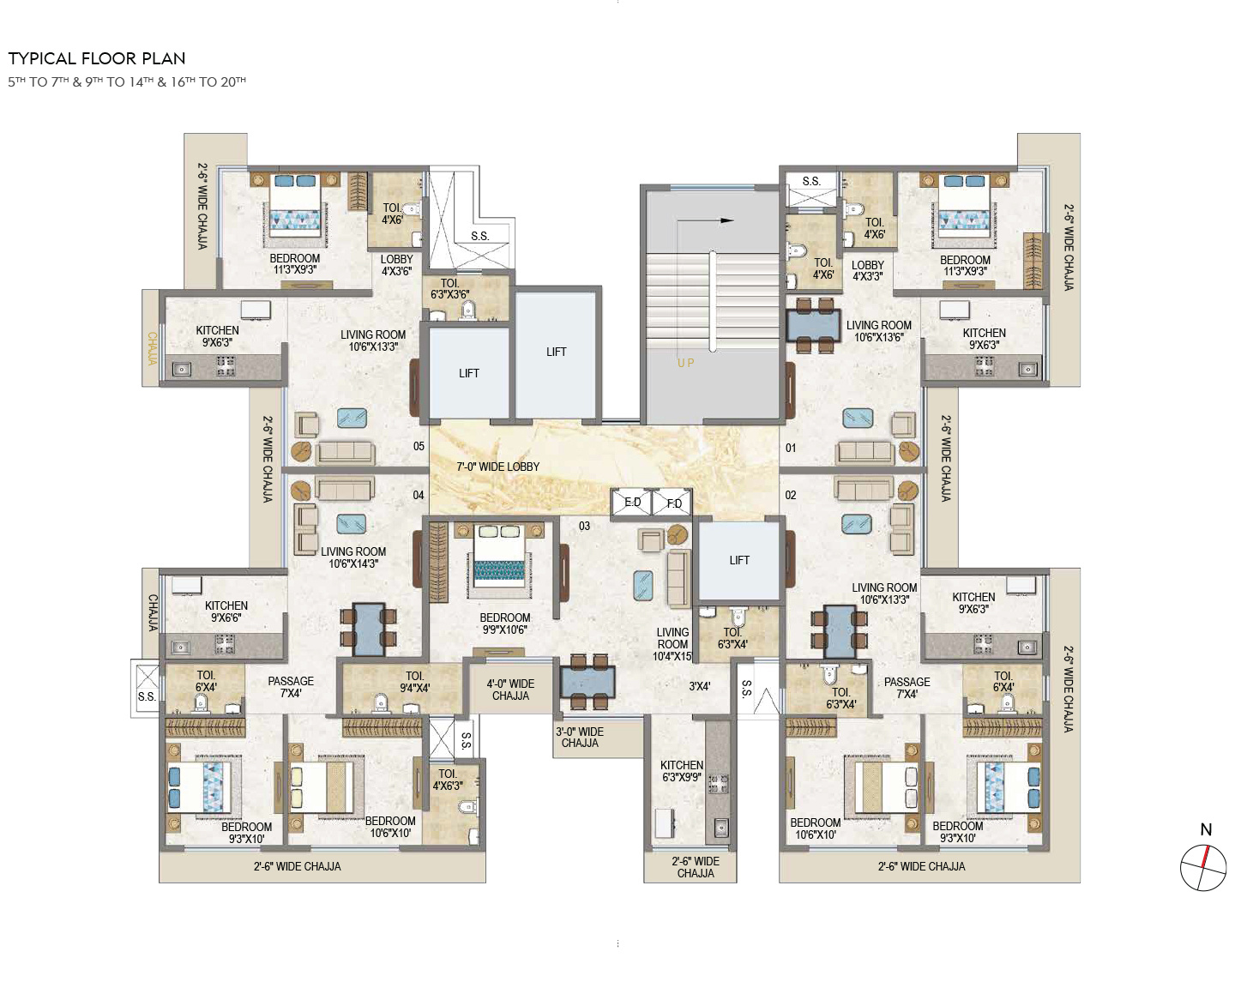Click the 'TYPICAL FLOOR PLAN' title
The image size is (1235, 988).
coord(96,58)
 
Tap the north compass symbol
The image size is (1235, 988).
coord(1203,867)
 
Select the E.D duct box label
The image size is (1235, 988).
coord(632,503)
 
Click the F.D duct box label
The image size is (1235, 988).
coord(674,503)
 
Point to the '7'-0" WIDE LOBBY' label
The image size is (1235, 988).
coord(498,467)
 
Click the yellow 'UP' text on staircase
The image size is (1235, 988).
coord(686,363)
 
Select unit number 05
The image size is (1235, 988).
coord(419,446)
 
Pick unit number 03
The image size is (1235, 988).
coord(584,526)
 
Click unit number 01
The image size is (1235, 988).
coord(791,448)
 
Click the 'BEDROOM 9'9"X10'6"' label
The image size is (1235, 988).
coord(505,624)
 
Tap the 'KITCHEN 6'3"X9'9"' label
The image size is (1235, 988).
coord(682,771)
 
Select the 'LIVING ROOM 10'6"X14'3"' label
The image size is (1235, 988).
coord(353,557)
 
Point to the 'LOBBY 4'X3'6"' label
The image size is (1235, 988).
coord(396,265)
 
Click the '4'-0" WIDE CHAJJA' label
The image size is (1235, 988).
coord(510,690)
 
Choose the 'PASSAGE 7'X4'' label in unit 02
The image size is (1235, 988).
coord(907,688)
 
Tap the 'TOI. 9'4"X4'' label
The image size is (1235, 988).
coord(414,682)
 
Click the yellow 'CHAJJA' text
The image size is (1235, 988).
coord(152,348)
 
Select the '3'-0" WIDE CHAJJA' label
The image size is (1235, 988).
coord(580,737)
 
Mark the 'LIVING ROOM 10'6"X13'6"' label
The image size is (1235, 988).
coord(878,331)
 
